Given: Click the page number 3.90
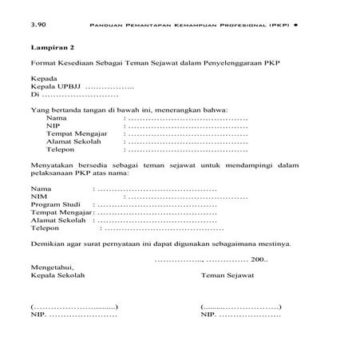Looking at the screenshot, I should (x=38, y=26).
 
